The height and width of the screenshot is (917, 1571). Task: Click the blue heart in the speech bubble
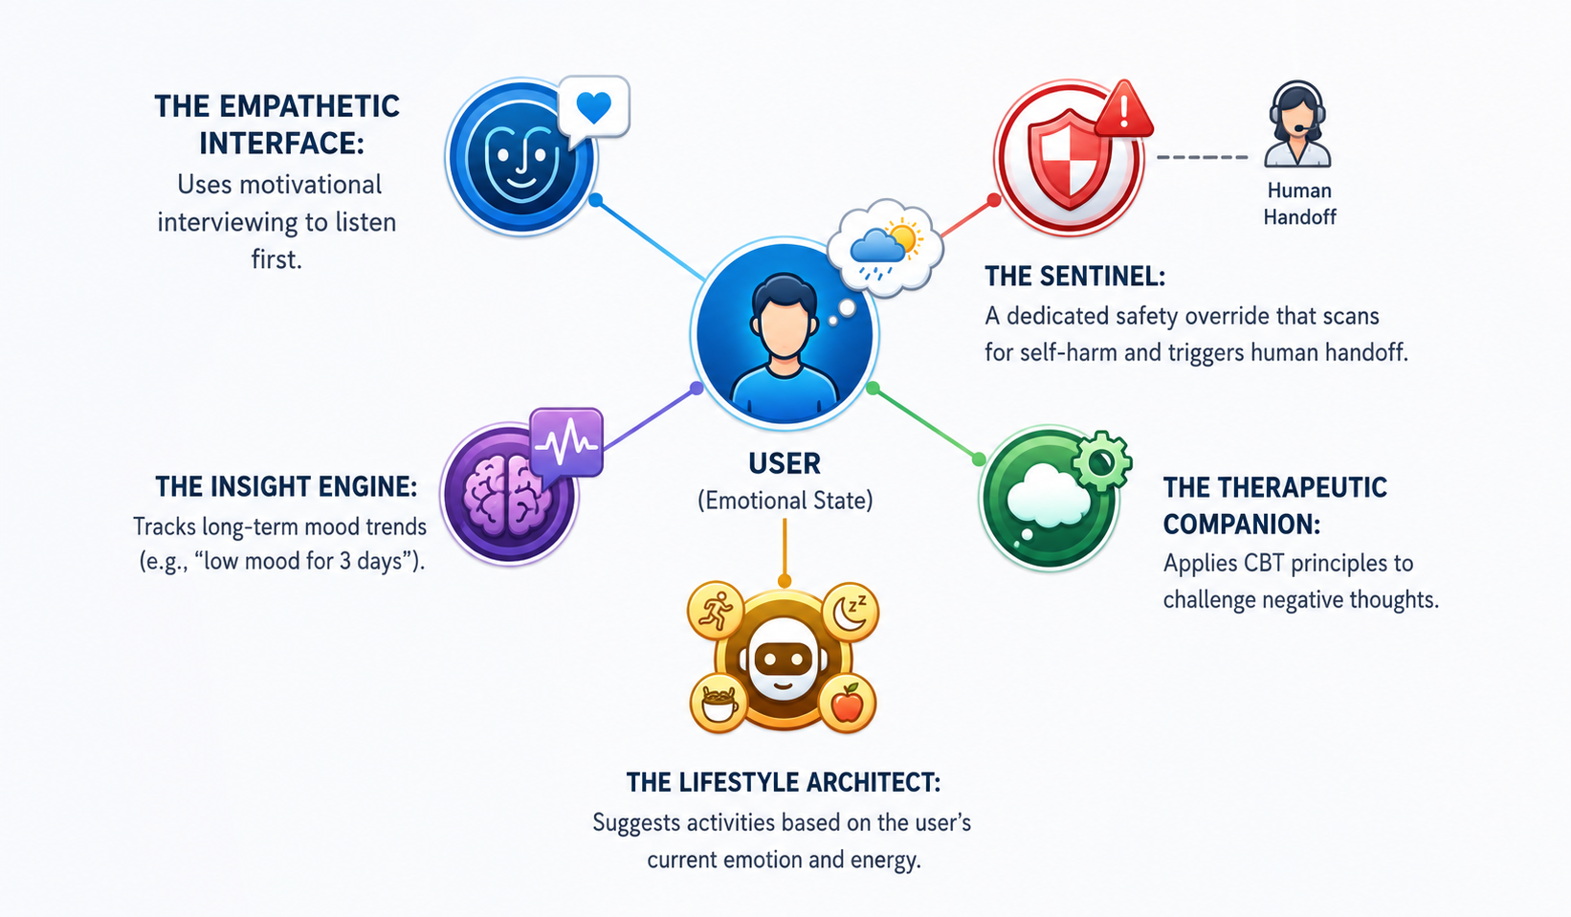pos(593,107)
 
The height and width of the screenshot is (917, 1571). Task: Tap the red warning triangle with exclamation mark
pos(1123,110)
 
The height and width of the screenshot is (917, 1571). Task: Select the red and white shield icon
pos(1068,159)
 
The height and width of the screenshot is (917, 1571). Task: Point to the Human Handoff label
pos(1299,204)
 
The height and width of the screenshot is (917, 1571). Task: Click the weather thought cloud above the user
pos(885,247)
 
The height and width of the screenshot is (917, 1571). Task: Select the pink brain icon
pos(506,496)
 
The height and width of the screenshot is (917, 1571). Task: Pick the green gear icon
pos(1102,460)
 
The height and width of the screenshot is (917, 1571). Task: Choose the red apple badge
pos(848,703)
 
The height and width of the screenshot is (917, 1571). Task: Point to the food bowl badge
pos(719,703)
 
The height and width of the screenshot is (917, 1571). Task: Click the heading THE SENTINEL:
pos(1074,277)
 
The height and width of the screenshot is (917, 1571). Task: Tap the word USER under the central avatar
pos(785,463)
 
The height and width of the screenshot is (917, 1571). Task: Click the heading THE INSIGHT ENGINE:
pos(286,486)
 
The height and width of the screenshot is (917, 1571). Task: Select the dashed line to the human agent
pos(1202,157)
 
